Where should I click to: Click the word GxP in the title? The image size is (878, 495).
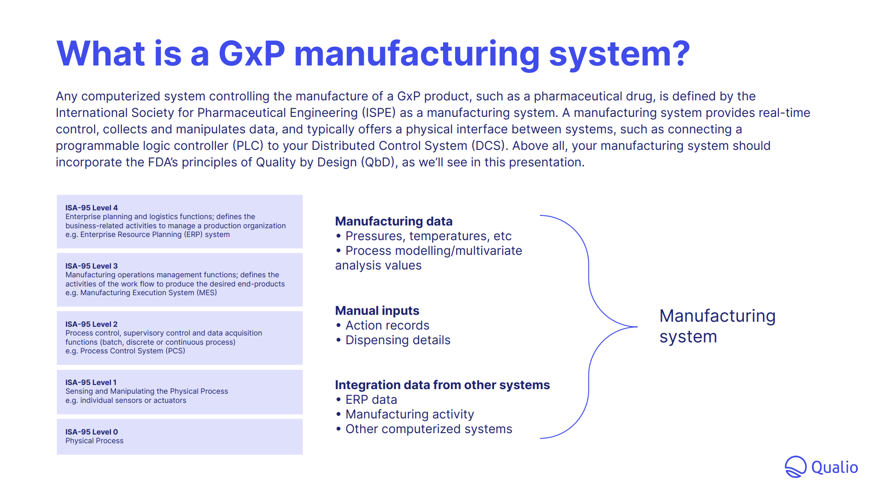252,54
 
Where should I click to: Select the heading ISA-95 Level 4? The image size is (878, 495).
91,208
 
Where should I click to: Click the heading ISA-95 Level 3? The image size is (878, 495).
91,266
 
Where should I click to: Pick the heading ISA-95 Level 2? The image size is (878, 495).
91,324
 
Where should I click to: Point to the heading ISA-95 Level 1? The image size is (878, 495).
91,382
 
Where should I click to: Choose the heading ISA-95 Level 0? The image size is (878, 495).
91,432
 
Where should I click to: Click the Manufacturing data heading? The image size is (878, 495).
394,221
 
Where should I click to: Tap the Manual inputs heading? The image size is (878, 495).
377,311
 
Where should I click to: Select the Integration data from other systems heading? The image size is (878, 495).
442,385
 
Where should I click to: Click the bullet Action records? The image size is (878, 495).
387,325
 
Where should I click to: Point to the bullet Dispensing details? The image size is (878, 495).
398,340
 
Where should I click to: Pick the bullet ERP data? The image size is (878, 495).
371,400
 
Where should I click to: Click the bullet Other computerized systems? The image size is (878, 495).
428,429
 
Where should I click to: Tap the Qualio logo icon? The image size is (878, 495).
795,467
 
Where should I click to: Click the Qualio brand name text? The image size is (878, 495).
834,467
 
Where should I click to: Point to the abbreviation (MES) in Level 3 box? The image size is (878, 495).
206,293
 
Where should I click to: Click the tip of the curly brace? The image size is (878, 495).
637,327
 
